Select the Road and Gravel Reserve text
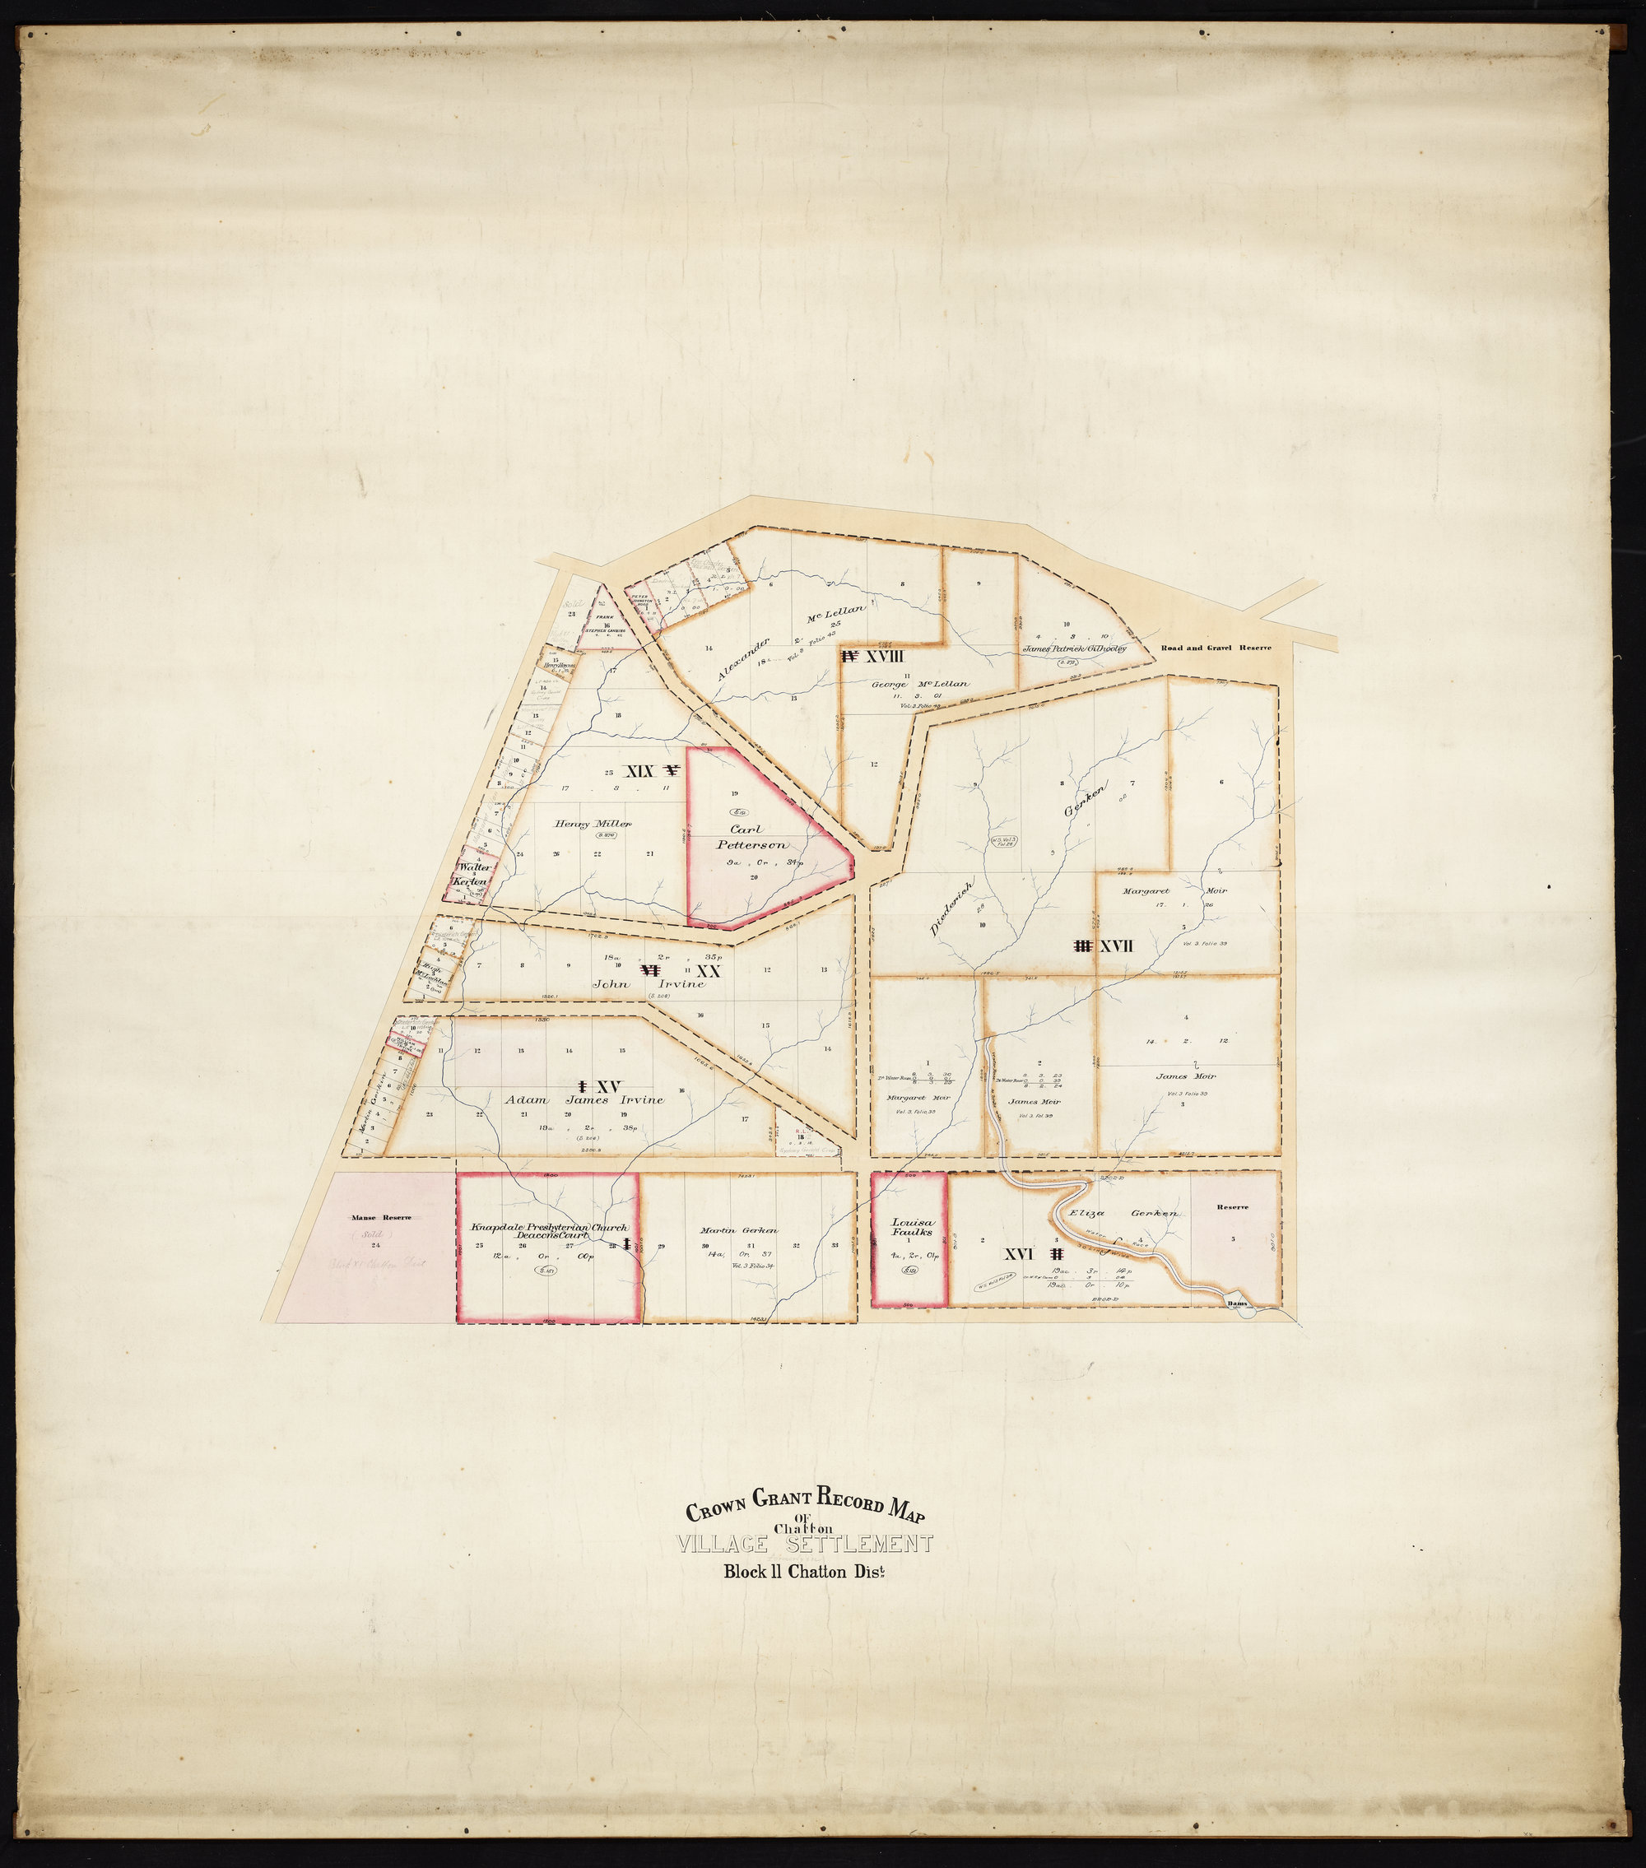[1216, 647]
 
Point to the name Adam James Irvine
[585, 1099]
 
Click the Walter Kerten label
[474, 873]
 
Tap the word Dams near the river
[1238, 1304]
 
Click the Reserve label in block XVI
[1232, 1206]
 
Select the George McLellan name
[920, 684]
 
